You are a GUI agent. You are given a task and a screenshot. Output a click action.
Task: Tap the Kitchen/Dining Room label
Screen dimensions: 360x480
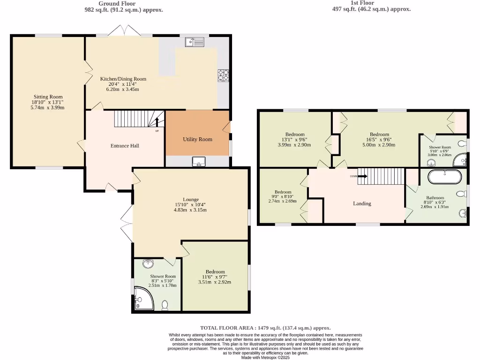coord(123,79)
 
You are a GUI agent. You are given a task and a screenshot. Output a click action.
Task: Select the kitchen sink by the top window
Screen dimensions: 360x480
coord(195,43)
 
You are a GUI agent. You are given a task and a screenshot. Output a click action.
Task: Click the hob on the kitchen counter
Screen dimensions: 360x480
coord(223,75)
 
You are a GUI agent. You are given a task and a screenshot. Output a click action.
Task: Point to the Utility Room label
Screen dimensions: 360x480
coord(197,139)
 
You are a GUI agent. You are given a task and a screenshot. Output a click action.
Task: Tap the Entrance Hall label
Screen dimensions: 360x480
coord(125,146)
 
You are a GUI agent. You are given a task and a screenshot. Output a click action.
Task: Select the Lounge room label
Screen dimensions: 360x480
coord(191,199)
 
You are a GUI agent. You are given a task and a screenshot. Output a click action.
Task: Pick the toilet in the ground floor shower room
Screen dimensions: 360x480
coord(165,306)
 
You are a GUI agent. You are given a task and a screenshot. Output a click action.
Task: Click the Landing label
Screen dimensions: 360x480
coord(362,203)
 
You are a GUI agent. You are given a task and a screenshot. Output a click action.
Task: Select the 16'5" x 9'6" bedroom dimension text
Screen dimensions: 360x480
coord(379,140)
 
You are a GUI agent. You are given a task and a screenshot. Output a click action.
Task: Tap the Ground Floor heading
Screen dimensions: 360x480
coord(117,3)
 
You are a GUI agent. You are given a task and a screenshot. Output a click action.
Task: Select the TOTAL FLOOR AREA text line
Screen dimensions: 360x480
coord(265,328)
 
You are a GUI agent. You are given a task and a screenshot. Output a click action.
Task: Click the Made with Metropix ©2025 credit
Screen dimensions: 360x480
coord(266,357)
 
